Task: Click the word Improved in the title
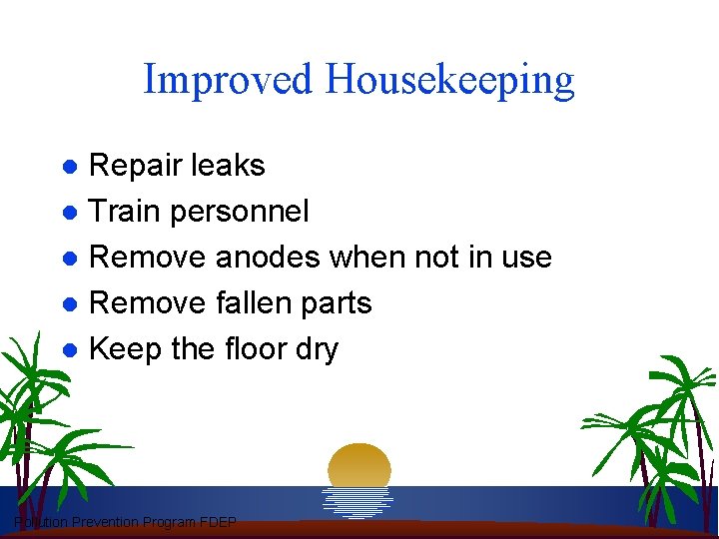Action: (228, 79)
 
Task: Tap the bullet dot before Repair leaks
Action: (71, 166)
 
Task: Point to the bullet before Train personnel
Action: (71, 212)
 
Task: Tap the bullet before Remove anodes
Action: (71, 258)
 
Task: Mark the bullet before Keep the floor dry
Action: (71, 349)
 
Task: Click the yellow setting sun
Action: (359, 465)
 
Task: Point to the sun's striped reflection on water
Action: (359, 500)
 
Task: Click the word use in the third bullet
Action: (526, 257)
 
